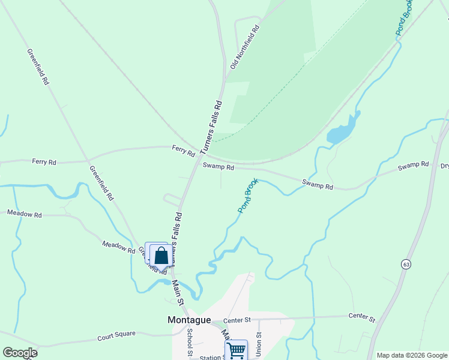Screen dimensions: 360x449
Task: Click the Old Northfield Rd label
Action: pos(245,47)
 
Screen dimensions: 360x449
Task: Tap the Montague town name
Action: pos(188,320)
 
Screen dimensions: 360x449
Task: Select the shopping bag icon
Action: pos(161,256)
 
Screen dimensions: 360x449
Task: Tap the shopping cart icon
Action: pos(237,350)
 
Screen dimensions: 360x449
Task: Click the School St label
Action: pos(190,343)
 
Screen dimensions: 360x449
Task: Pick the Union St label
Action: pos(259,344)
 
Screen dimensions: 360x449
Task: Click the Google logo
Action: pos(20,353)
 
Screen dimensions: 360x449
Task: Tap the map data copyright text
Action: pos(411,355)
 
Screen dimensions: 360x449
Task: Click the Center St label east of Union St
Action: pos(361,317)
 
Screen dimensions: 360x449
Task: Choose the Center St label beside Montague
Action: pos(237,321)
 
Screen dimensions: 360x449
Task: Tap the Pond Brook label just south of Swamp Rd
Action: pos(248,196)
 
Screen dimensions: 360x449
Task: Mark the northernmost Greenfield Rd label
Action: pos(37,67)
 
